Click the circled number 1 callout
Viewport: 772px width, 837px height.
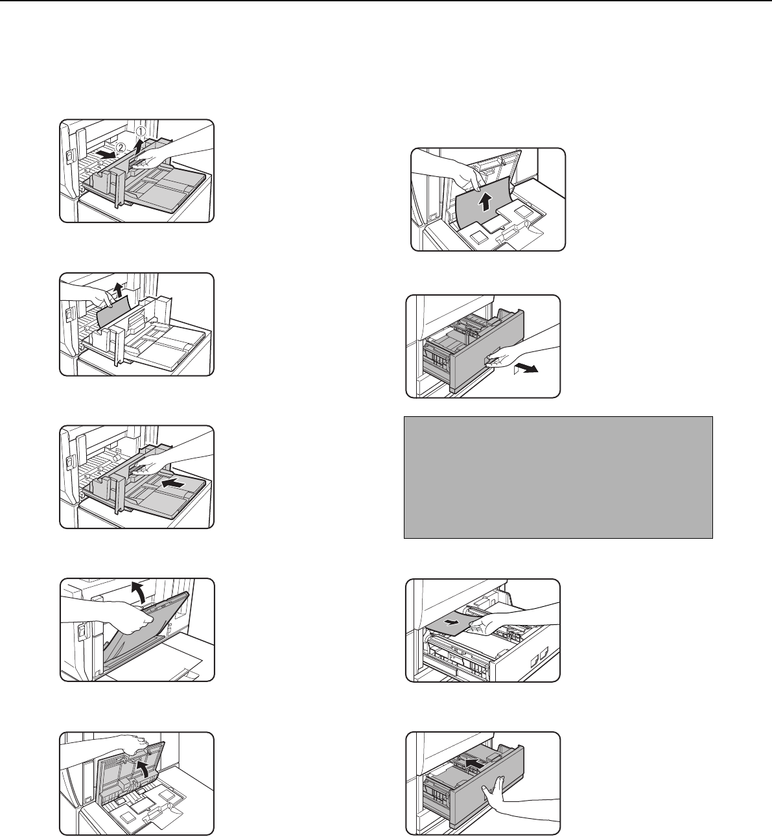[x=140, y=132]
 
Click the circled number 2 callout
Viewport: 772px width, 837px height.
[x=121, y=148]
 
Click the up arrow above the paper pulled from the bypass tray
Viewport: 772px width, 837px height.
[x=119, y=290]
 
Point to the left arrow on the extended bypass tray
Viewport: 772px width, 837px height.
[x=174, y=485]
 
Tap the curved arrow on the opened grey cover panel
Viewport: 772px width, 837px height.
[x=142, y=770]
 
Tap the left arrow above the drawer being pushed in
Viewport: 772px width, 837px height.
[x=473, y=762]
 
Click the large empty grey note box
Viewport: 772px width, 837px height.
[x=558, y=478]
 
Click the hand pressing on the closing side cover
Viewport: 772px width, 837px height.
[x=110, y=616]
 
